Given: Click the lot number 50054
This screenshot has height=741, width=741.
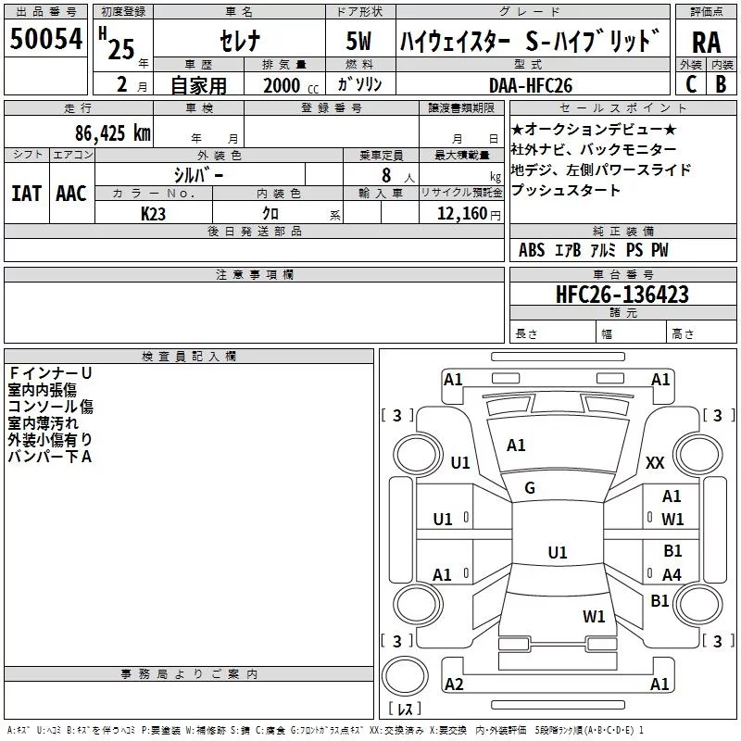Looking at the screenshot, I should (45, 39).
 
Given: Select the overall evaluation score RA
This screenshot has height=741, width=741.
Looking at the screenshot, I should (706, 42).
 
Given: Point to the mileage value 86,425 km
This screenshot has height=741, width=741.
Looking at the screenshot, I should (114, 132).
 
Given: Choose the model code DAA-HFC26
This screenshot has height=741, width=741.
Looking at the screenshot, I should (532, 85).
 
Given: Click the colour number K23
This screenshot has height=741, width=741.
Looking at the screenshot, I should (154, 214).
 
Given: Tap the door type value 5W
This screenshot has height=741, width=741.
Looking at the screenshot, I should (360, 41).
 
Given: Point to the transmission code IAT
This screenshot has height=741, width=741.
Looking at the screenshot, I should (26, 194).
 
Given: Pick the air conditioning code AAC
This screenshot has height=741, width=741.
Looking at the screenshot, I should (71, 194).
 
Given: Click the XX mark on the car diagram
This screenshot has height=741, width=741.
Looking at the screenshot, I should (655, 463).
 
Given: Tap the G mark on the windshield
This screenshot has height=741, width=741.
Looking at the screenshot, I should (530, 488).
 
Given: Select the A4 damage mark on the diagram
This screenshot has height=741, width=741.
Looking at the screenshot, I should (672, 575).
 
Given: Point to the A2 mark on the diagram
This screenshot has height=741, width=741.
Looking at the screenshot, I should (454, 684).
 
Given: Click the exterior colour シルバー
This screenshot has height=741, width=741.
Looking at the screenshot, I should (198, 174).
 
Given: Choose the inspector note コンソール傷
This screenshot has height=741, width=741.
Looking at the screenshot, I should (50, 406).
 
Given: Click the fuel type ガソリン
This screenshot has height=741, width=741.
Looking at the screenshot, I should (360, 85).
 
